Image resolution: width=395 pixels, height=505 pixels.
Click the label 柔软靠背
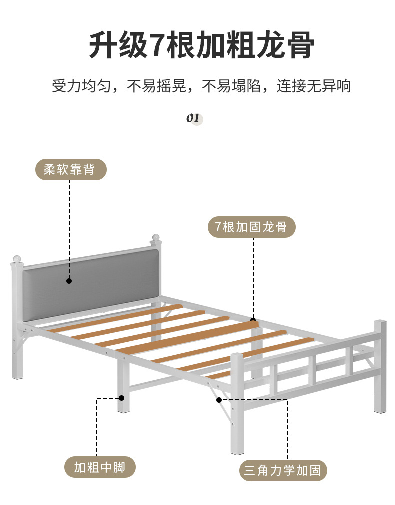tap(71, 170)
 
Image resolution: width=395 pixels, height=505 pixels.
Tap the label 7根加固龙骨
tap(251, 227)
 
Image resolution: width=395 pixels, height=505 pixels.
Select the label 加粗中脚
tap(100, 467)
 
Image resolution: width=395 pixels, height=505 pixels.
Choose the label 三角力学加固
tap(283, 470)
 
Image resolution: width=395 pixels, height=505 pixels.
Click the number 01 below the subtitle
tap(193, 118)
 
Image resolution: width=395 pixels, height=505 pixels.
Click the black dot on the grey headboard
tap(69, 281)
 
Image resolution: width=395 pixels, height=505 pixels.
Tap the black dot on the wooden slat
tap(253, 320)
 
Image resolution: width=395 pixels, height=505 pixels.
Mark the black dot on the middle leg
tap(121, 398)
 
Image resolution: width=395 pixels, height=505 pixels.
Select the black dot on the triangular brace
tap(219, 399)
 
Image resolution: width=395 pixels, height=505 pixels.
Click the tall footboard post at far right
tap(380, 367)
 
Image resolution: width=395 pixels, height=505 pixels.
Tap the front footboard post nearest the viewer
tap(237, 405)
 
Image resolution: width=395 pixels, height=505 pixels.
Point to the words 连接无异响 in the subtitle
tap(314, 86)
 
